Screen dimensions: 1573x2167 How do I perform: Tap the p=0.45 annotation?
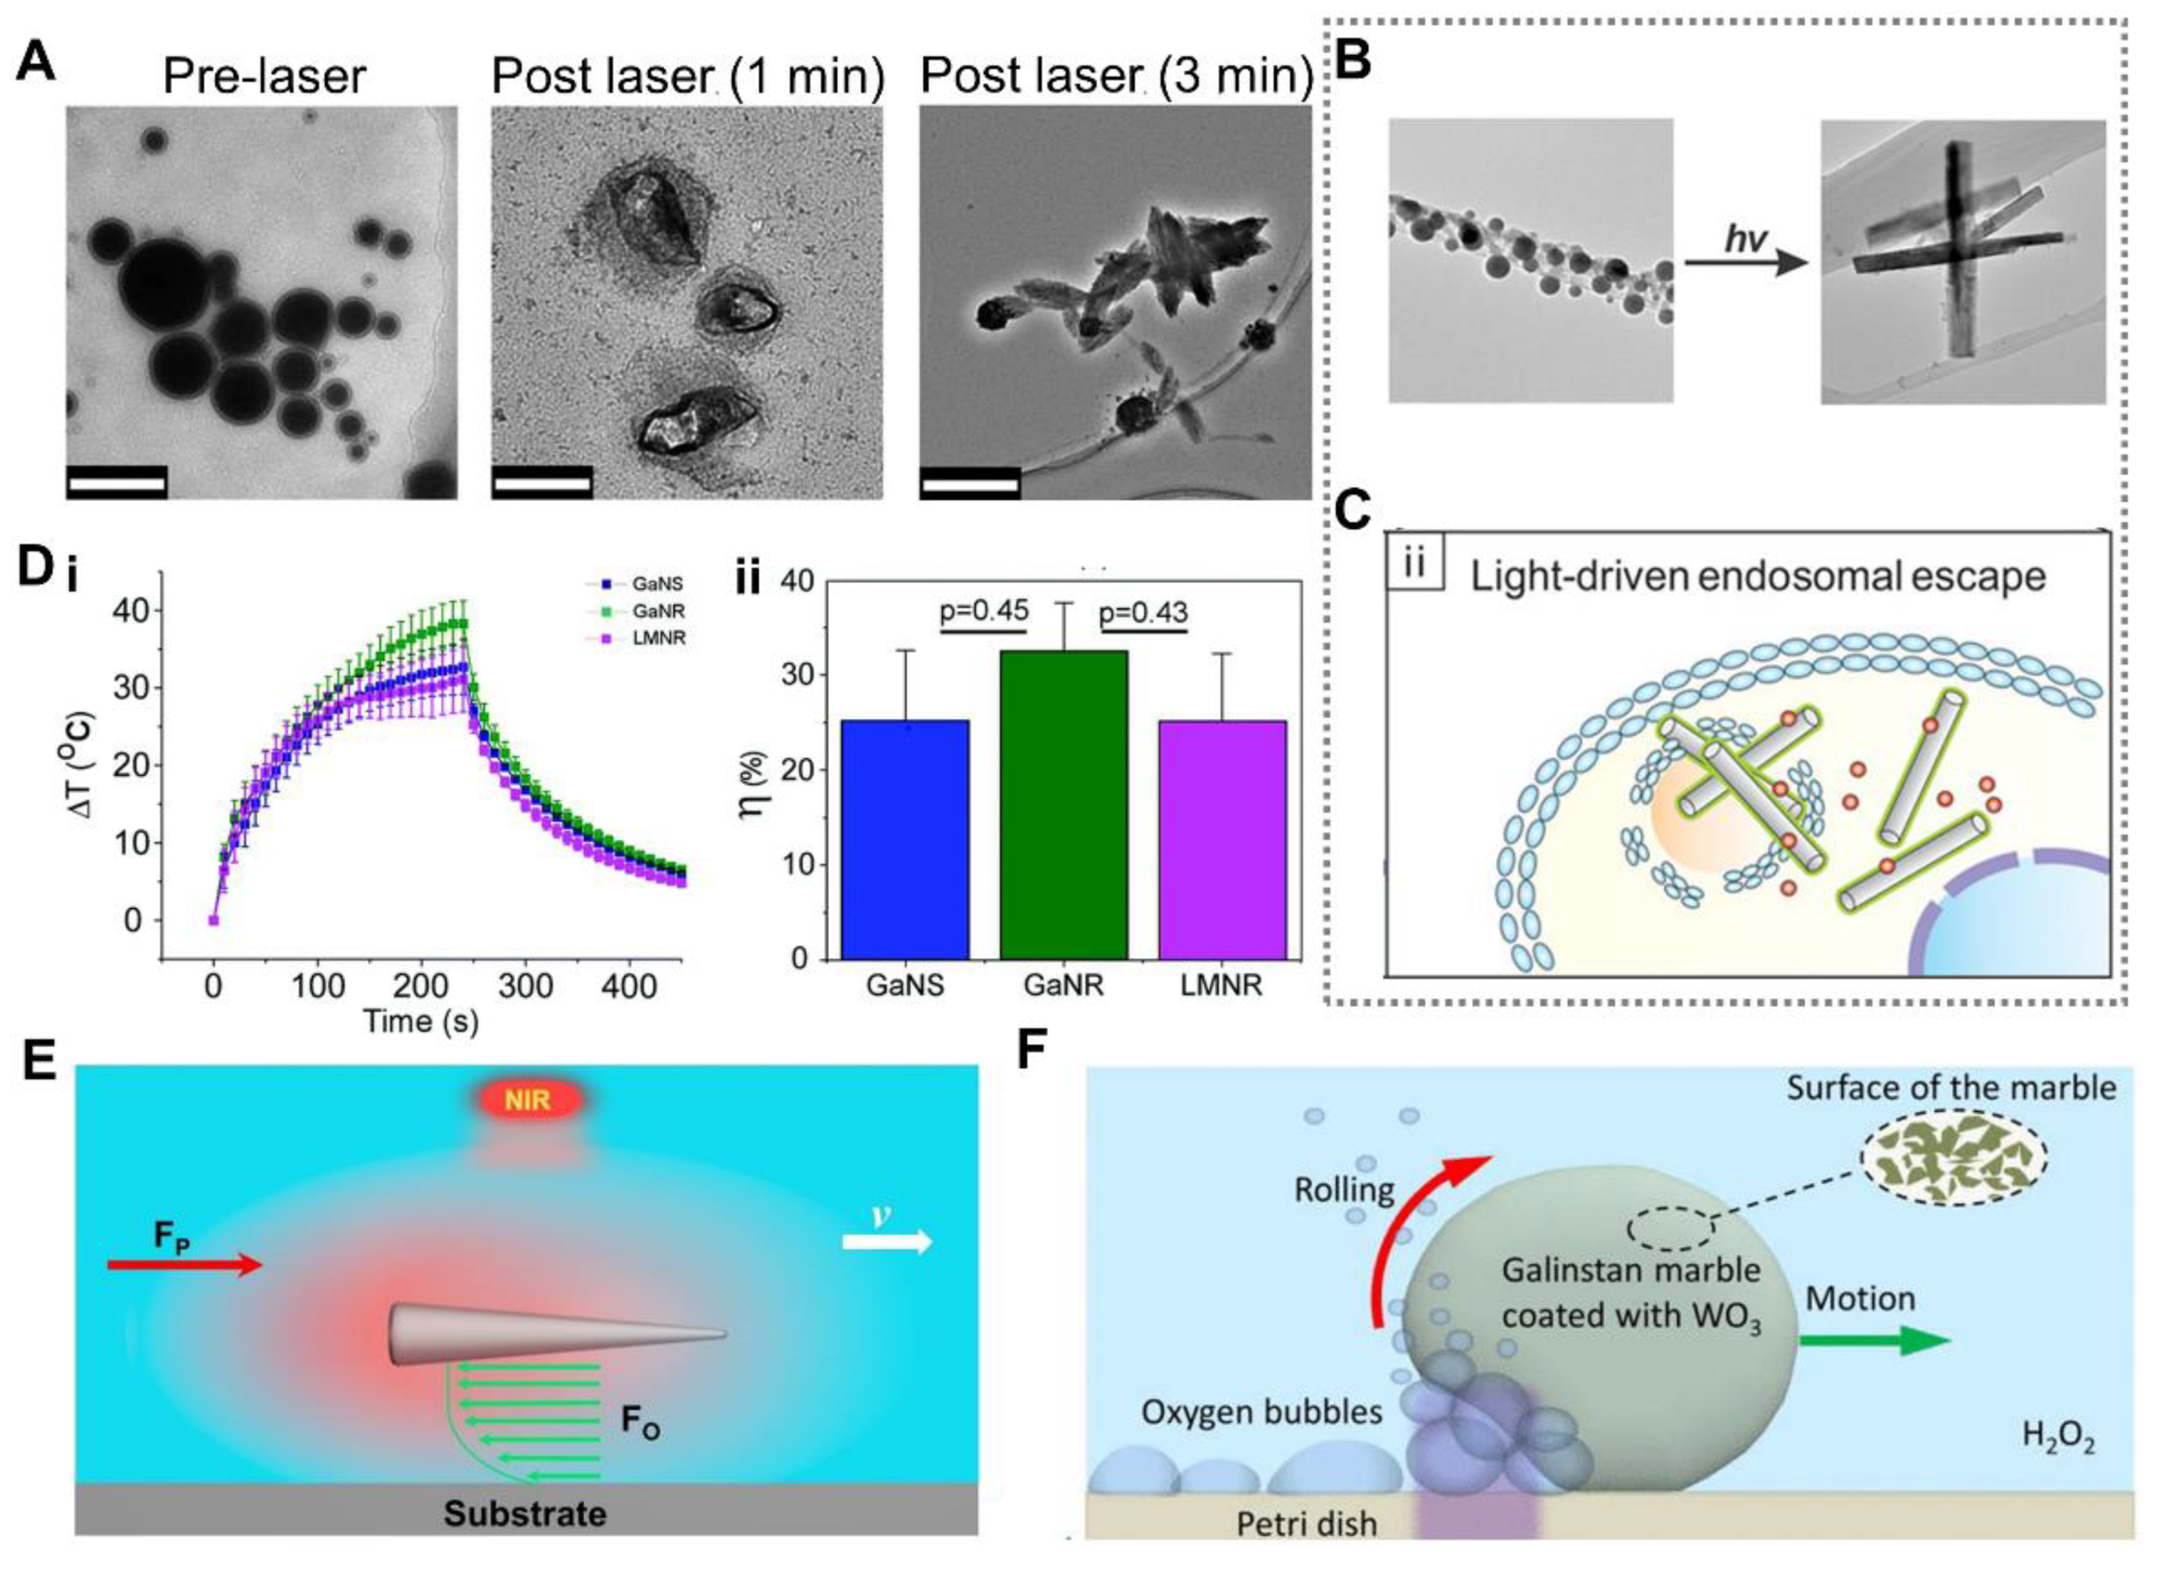pyautogui.click(x=984, y=611)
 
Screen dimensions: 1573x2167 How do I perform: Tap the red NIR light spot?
pyautogui.click(x=529, y=1100)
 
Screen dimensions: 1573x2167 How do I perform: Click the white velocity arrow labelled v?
pyautogui.click(x=886, y=1242)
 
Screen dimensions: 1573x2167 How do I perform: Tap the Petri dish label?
pyautogui.click(x=1306, y=1523)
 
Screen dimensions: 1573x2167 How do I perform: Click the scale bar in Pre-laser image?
pyautogui.click(x=117, y=482)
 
